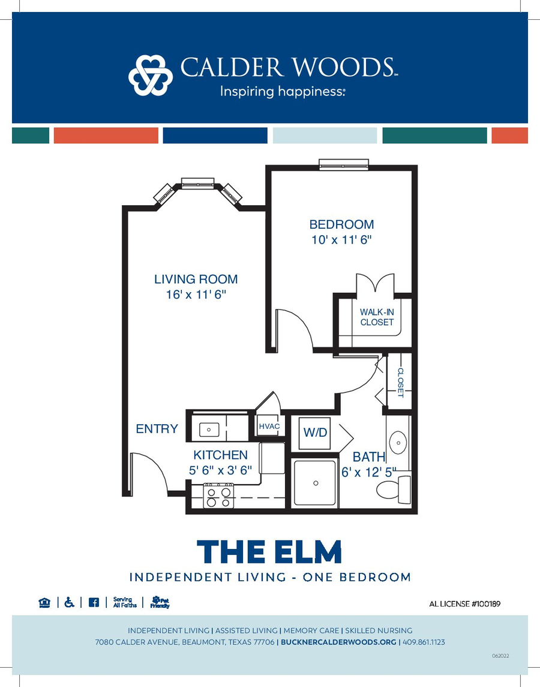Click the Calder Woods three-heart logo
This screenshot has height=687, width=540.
point(151,75)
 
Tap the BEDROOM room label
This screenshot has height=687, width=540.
point(341,224)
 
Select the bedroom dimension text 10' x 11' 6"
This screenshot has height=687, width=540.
point(341,239)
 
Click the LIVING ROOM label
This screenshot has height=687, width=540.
point(196,279)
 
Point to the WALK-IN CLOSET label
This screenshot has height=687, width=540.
point(377,317)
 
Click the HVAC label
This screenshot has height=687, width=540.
point(269,427)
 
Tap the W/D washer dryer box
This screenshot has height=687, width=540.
point(315,433)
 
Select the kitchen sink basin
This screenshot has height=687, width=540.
point(209,430)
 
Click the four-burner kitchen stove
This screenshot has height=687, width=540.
point(219,496)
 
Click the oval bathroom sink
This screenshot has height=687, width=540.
point(398,443)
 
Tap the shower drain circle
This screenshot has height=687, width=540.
point(316,483)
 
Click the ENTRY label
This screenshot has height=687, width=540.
point(157,428)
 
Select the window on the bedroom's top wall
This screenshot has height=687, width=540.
point(343,164)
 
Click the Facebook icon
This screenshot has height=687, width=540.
point(94,602)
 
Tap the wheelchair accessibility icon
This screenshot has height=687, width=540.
point(69,602)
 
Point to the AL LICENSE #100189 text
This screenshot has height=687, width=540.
point(464,604)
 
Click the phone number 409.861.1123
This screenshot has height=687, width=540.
point(424,642)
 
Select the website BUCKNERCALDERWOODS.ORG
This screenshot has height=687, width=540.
point(338,642)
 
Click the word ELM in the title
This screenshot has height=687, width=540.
point(307,551)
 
